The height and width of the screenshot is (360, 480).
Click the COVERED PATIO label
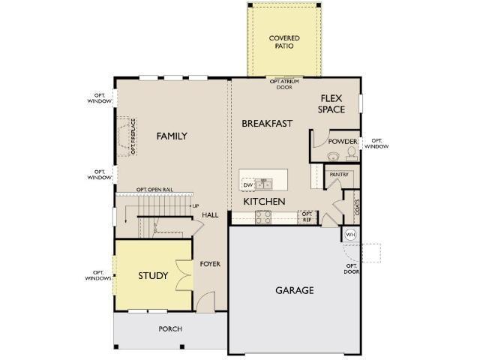click(x=284, y=42)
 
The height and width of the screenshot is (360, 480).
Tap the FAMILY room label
click(x=172, y=136)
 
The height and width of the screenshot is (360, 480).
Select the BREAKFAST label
click(x=267, y=123)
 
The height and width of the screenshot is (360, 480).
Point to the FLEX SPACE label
click(x=331, y=103)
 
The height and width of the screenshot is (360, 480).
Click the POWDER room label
click(x=343, y=142)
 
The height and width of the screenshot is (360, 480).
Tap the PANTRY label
click(x=339, y=175)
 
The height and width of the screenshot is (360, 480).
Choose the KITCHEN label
click(x=264, y=202)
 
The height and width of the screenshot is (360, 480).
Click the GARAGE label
click(x=295, y=290)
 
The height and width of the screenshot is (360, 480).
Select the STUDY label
click(x=153, y=275)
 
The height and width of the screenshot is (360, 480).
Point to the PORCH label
click(x=170, y=328)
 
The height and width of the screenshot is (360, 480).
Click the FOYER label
click(x=210, y=264)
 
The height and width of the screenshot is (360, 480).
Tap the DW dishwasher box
click(x=248, y=185)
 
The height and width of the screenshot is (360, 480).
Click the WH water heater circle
click(x=350, y=235)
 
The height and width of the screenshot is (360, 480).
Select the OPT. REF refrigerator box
click(x=307, y=217)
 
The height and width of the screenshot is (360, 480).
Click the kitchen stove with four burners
click(x=263, y=217)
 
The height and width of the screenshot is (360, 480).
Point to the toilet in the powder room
click(x=352, y=153)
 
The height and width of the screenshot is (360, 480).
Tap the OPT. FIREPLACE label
click(x=133, y=136)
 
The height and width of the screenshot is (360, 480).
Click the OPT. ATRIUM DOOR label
click(x=284, y=84)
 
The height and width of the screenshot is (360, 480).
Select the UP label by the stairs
click(x=196, y=206)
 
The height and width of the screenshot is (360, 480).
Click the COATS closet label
click(x=357, y=207)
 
